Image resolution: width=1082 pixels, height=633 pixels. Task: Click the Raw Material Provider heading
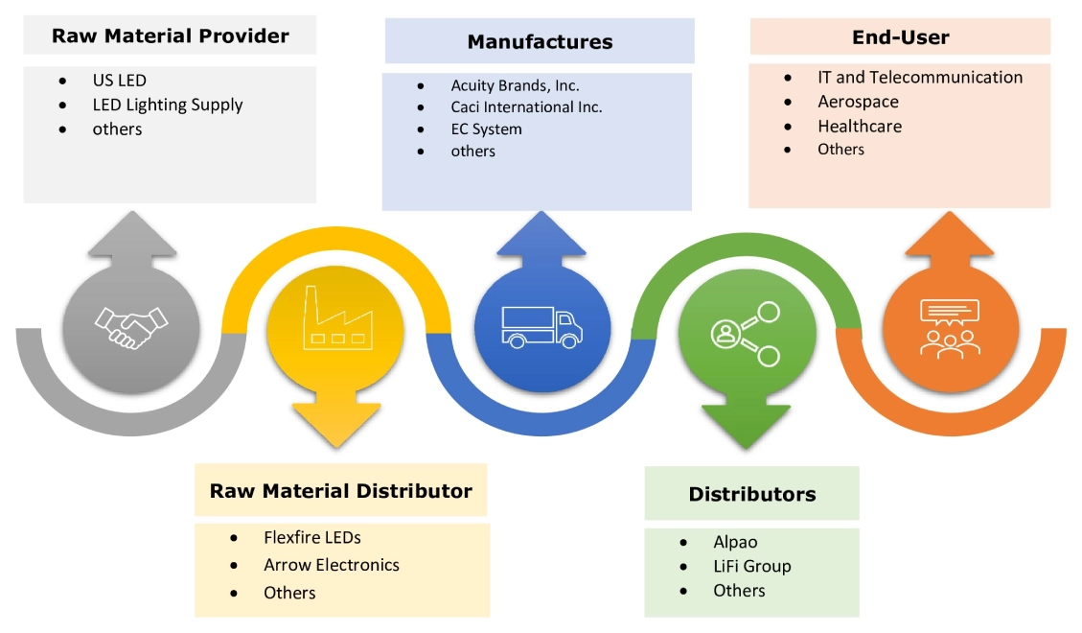click(x=170, y=36)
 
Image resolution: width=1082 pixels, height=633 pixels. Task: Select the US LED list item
click(x=119, y=81)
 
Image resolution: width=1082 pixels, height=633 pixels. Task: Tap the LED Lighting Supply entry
click(x=167, y=105)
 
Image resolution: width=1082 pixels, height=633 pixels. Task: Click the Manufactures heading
click(x=540, y=42)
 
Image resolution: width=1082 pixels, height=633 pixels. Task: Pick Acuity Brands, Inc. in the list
click(x=515, y=85)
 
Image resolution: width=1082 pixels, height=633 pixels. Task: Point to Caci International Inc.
click(x=526, y=107)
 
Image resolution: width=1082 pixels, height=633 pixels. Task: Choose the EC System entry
click(x=486, y=129)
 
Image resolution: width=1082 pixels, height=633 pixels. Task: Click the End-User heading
click(x=900, y=38)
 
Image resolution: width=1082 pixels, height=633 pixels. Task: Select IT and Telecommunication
click(x=919, y=78)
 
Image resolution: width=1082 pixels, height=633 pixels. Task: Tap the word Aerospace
click(x=858, y=102)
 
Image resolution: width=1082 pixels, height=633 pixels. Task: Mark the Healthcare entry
click(x=859, y=126)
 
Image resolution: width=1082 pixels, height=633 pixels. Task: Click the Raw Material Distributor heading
click(x=340, y=491)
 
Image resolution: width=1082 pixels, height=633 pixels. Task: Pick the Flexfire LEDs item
click(x=311, y=538)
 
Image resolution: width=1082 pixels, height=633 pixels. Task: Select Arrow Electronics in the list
click(x=331, y=565)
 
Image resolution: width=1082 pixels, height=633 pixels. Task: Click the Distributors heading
click(x=751, y=495)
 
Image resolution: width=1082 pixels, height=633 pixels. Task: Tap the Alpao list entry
click(x=735, y=542)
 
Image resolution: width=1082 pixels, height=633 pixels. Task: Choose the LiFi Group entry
click(x=751, y=566)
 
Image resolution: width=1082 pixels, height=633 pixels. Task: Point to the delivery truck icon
click(x=541, y=327)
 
